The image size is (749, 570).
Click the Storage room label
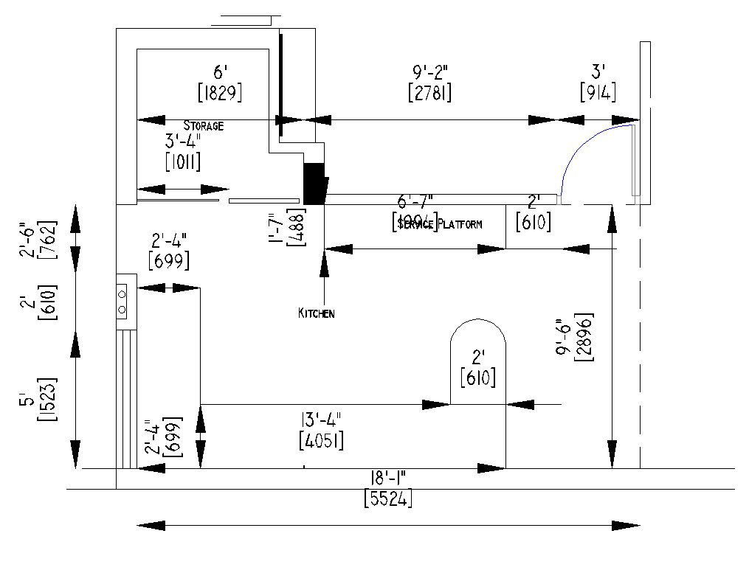pos(203,126)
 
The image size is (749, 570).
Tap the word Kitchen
pos(316,313)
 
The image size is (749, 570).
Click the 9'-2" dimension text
pos(429,72)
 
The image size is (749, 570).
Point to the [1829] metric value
pos(220,93)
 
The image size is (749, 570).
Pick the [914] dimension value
pos(598,93)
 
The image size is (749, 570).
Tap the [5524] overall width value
pos(388,498)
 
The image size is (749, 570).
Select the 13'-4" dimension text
pos(320,421)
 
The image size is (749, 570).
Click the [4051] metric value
pos(320,441)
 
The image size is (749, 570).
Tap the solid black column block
pos(315,183)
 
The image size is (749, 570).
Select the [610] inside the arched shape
pos(477,378)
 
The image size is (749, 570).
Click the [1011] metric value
pos(183,161)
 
